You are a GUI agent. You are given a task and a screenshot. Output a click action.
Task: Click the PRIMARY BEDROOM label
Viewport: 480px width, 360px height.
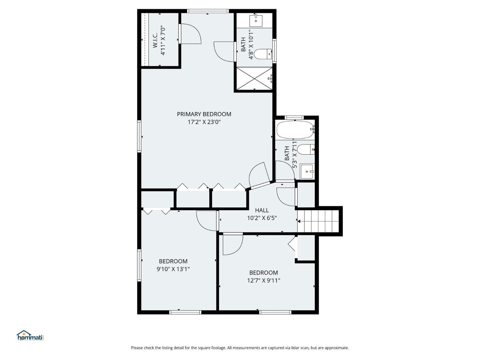tap(204, 114)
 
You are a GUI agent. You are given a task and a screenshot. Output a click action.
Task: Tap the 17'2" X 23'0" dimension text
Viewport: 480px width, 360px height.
tap(204, 122)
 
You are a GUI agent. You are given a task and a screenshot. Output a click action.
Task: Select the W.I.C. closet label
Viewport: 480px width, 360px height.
tap(155, 41)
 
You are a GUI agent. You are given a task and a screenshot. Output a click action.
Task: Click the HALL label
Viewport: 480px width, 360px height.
tap(262, 210)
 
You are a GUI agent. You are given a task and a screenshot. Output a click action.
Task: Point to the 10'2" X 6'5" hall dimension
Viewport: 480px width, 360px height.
tap(262, 218)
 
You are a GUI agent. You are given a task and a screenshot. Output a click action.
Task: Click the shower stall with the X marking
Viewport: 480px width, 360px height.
tap(254, 79)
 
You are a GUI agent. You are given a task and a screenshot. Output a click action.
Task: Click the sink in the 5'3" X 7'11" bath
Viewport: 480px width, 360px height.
tap(307, 172)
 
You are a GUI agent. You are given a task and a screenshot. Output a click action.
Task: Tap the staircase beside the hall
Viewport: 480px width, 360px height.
tap(318, 221)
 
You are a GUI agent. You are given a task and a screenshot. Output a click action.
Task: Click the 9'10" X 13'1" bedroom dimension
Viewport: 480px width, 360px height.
tap(173, 269)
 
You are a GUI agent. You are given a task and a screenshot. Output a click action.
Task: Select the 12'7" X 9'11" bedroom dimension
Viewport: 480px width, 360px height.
tap(263, 281)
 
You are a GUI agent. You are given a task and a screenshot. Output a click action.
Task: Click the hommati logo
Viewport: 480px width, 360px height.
tap(30, 336)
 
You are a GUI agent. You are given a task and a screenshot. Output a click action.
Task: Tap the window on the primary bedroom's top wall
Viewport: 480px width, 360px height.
tap(208, 11)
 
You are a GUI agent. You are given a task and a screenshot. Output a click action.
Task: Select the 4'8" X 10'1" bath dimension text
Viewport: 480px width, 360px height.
tap(251, 44)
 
